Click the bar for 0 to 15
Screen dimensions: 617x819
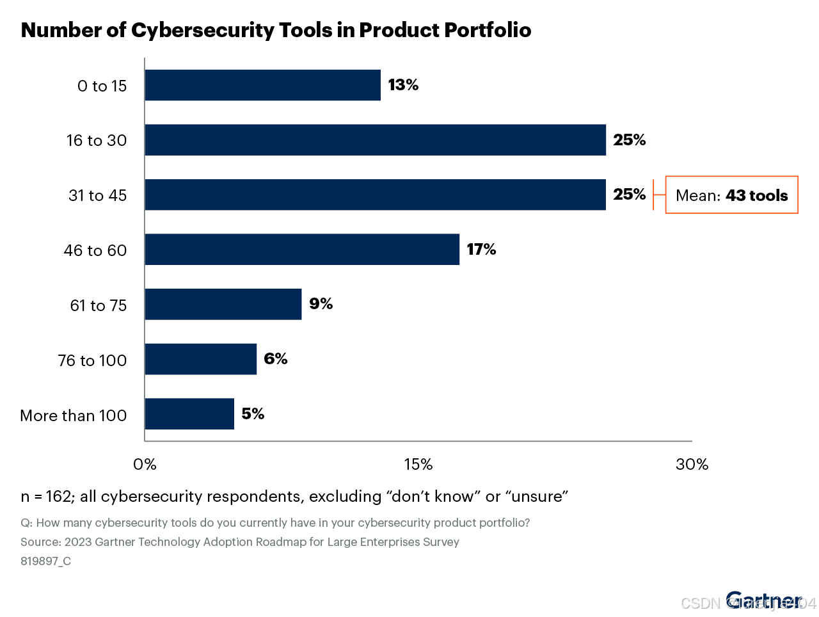pos(262,85)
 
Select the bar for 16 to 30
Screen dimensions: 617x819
pos(375,140)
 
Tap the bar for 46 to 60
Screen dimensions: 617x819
pos(302,250)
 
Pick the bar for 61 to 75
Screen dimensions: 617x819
pos(223,305)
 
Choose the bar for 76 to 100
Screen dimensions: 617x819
pos(200,359)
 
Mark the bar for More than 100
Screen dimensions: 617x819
pos(189,414)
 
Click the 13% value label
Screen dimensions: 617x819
pos(403,85)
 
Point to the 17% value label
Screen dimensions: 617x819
pos(481,250)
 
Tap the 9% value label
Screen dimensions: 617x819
pos(321,304)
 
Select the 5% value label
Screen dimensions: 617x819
pos(253,414)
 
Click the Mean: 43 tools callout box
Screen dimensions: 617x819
pos(731,195)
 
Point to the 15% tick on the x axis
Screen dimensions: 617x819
pos(418,465)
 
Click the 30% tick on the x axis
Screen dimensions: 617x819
pos(692,465)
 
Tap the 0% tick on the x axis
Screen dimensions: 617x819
pos(145,465)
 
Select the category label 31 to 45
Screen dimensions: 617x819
pos(97,195)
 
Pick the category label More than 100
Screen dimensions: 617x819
pos(74,415)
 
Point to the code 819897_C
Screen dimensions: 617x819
pos(45,561)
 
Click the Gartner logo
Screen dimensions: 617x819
pos(763,601)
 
